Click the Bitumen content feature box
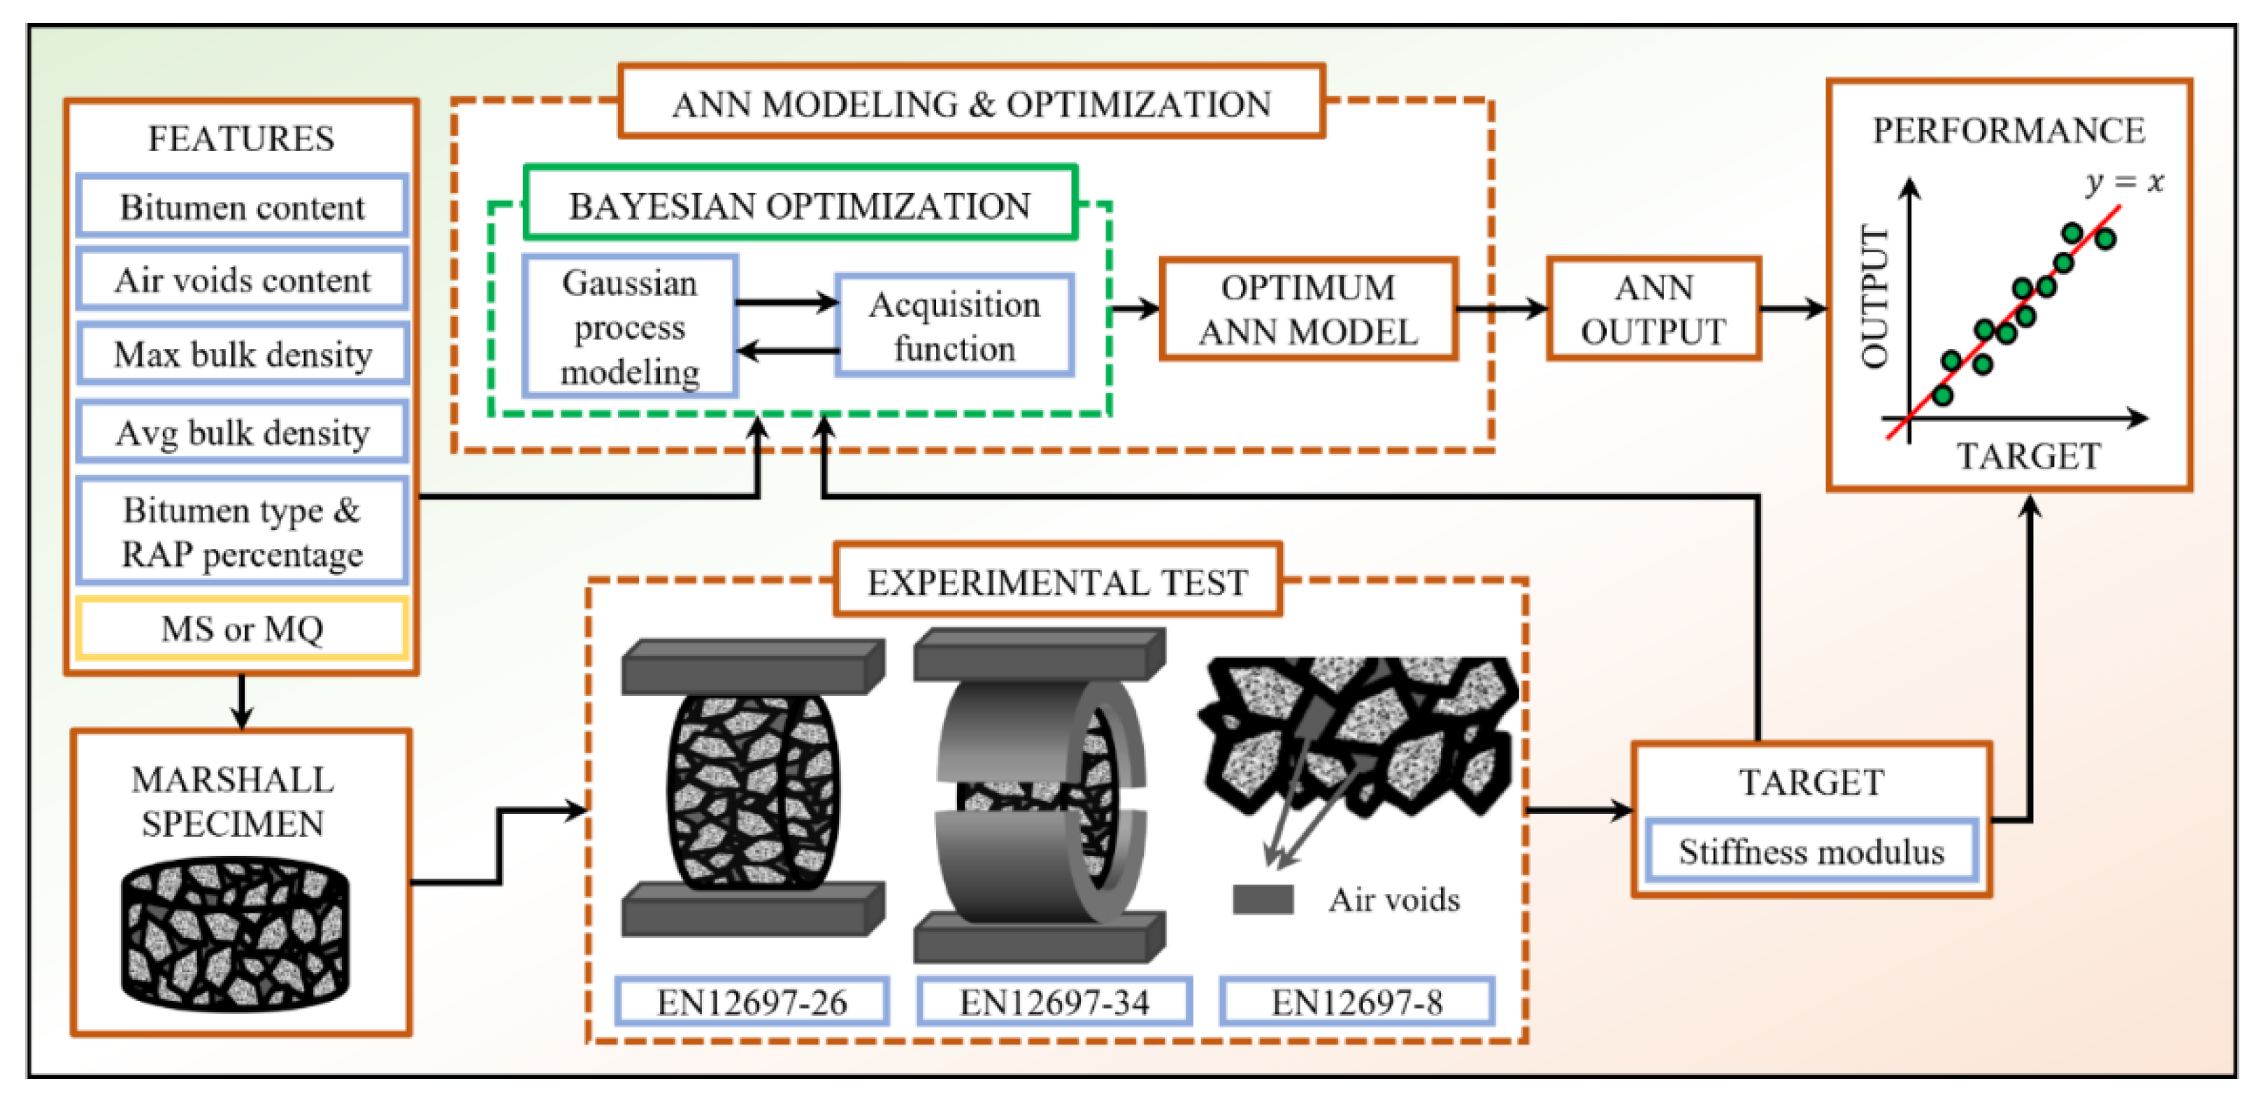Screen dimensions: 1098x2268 pos(242,207)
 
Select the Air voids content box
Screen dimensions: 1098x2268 pos(242,280)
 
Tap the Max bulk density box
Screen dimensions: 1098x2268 pos(242,354)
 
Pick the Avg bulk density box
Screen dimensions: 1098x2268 pos(242,432)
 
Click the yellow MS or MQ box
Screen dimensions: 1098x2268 pos(242,629)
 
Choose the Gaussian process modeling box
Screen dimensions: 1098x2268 pos(629,327)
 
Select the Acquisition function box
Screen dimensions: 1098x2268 pos(954,326)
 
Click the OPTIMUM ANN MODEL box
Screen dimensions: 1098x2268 pos(1307,310)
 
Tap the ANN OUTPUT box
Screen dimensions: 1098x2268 pos(1653,310)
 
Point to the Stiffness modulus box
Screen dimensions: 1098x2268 pos(1811,851)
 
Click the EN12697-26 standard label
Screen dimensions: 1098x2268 pos(752,1002)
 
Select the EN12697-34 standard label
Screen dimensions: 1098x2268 pos(1054,1002)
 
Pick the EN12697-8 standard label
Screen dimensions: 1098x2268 pos(1357,1002)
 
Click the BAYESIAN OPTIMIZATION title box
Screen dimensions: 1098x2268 pos(799,204)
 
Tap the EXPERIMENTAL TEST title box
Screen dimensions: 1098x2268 pos(1057,581)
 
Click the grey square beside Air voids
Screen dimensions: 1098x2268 pos(1263,899)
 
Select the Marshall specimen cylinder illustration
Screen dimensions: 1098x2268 pos(235,934)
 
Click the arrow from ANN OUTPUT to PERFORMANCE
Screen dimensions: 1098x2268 pos(1793,309)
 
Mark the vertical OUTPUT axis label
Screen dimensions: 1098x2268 pos(1874,297)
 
